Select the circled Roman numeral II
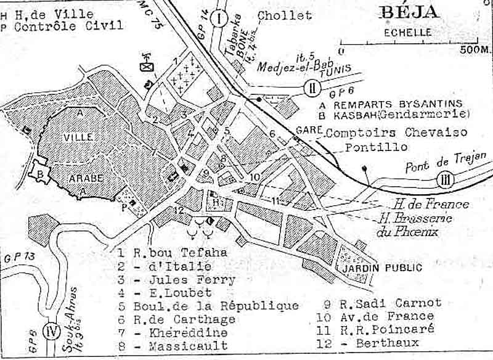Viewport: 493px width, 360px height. click(x=312, y=88)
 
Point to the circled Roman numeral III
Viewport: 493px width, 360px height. click(x=445, y=180)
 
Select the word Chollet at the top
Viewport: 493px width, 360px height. click(x=285, y=15)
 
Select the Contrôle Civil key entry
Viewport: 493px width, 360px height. click(x=68, y=26)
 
